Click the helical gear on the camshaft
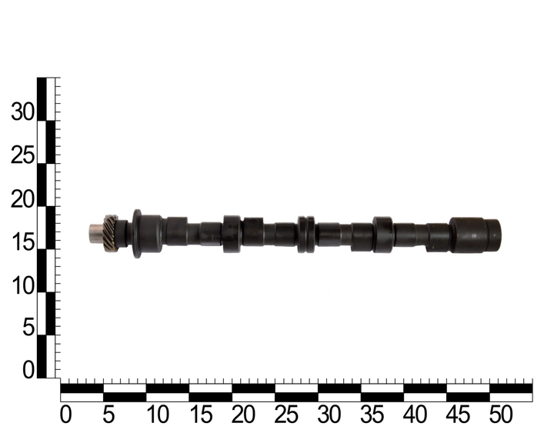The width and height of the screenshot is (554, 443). tap(110, 233)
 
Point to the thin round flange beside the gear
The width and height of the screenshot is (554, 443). tap(137, 234)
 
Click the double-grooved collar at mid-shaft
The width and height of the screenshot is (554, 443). tap(306, 235)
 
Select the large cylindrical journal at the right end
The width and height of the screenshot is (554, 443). tap(476, 235)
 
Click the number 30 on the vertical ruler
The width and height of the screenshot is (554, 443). tap(23, 112)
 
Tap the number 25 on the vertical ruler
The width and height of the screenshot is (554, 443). tap(23, 155)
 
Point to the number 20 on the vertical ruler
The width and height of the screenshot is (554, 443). tap(23, 198)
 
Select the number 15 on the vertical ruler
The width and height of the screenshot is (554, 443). tap(23, 242)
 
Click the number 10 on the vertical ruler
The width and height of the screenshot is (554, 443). tap(23, 285)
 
